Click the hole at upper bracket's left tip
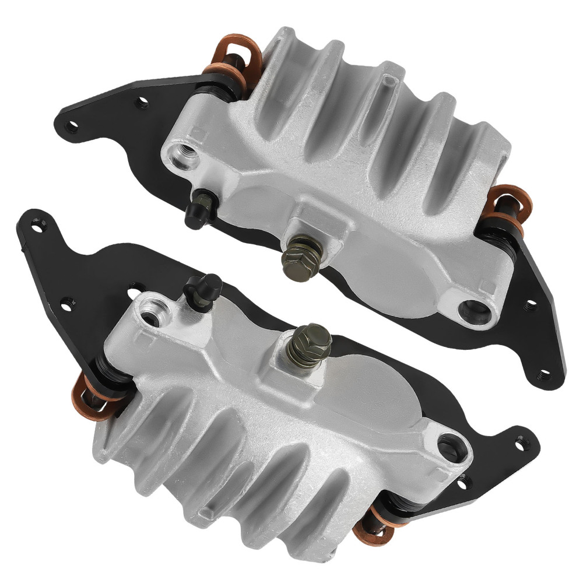(x=72, y=124)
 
